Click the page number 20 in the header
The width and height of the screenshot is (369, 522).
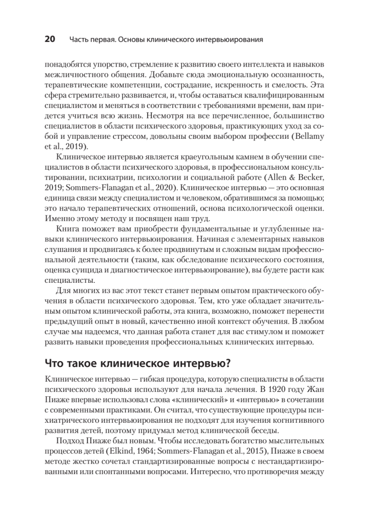click(x=50, y=40)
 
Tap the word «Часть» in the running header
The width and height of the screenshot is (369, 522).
click(x=79, y=40)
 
